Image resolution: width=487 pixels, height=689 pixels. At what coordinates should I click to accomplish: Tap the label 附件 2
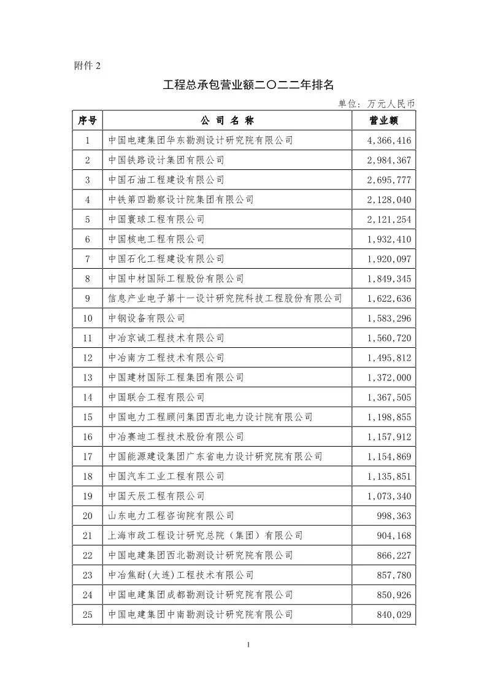[86, 66]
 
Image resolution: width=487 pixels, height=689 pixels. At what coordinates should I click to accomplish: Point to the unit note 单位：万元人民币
[377, 104]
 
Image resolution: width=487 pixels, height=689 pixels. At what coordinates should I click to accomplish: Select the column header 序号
[87, 120]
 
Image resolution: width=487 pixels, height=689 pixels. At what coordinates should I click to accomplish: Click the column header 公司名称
[227, 120]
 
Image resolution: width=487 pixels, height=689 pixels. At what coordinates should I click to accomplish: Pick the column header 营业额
[384, 120]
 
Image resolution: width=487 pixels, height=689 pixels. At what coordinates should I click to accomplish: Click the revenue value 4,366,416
[389, 140]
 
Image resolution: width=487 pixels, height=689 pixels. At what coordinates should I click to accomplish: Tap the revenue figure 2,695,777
[389, 180]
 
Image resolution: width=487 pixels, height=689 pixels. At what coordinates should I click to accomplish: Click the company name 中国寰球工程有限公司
[156, 219]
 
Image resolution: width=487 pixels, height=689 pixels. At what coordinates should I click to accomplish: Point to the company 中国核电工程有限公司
[156, 239]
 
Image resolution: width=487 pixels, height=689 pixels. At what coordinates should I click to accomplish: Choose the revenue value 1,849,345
[389, 279]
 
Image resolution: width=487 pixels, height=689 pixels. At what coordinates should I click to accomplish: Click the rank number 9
[87, 299]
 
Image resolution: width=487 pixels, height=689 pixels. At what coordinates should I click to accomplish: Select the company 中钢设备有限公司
[147, 318]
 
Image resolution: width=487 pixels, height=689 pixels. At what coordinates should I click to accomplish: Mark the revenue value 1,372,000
[389, 377]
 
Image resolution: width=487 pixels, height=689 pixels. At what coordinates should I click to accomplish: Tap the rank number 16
[87, 437]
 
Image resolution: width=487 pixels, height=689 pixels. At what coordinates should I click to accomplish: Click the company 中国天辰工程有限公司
[156, 496]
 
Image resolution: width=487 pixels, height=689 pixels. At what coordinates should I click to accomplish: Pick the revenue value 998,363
[394, 516]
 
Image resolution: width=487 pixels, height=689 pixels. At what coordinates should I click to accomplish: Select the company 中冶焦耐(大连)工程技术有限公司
[181, 575]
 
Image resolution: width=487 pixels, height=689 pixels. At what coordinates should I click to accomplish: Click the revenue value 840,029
[394, 615]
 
